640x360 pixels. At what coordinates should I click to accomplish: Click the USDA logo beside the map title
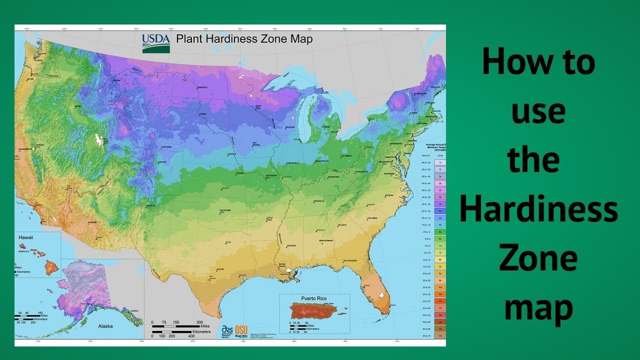pyautogui.click(x=156, y=43)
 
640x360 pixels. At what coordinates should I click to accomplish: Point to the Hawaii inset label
pyautogui.click(x=25, y=237)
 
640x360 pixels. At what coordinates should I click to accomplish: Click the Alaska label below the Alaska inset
pyautogui.click(x=105, y=326)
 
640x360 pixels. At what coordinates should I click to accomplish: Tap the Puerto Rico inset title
pyautogui.click(x=313, y=298)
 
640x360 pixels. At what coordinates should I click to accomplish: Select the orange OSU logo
pyautogui.click(x=241, y=331)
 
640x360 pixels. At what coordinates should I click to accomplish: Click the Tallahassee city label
pyautogui.click(x=349, y=261)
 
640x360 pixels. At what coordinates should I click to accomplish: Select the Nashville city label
pyautogui.click(x=319, y=201)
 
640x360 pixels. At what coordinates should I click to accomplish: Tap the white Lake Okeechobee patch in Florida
pyautogui.click(x=383, y=295)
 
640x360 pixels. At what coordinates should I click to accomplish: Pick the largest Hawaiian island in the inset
pyautogui.click(x=51, y=267)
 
